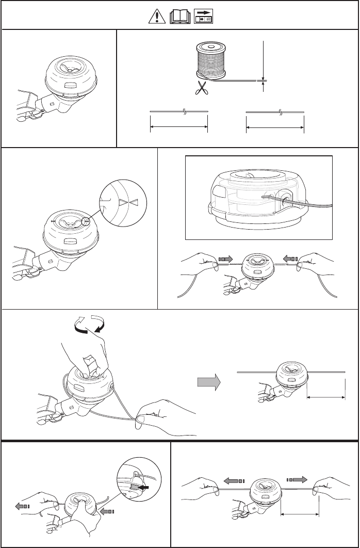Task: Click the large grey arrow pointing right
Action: pyautogui.click(x=208, y=382)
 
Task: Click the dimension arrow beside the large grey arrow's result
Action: pyautogui.click(x=326, y=397)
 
